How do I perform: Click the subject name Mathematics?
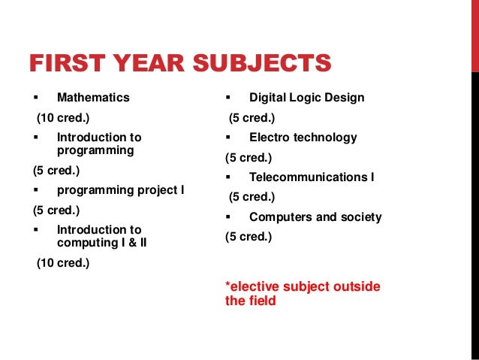(93, 98)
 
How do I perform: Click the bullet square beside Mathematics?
(35, 98)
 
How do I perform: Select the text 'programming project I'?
(120, 190)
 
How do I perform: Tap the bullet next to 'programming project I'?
(35, 190)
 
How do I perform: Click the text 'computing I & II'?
(101, 243)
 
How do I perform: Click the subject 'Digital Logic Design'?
(306, 98)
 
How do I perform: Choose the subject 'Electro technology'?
(303, 138)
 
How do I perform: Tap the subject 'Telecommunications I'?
(312, 177)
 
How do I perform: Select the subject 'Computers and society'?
(315, 217)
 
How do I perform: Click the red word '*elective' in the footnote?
(251, 287)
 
